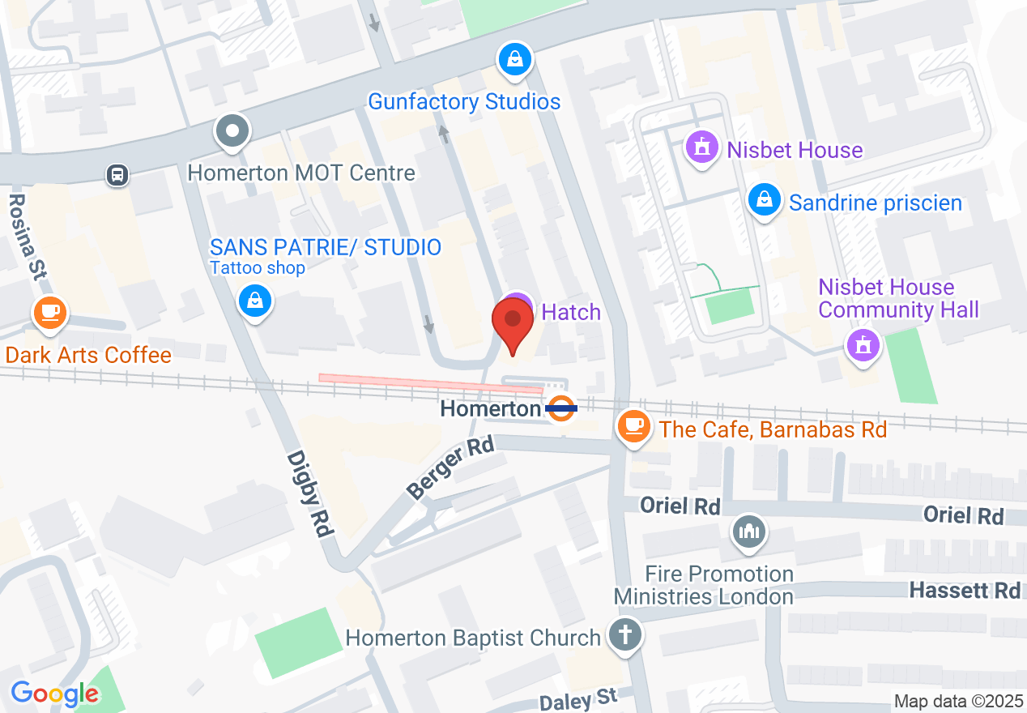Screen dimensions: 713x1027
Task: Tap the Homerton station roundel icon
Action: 560,408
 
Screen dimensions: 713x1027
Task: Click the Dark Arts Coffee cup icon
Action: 50,311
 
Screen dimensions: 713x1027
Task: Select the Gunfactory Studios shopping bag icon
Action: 514,59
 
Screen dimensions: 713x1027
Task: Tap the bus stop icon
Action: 117,174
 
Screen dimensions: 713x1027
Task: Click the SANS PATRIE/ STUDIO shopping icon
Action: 255,301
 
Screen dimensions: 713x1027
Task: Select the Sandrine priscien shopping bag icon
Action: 764,199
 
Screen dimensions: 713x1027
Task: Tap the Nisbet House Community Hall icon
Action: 863,346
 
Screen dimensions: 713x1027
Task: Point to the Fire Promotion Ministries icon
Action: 749,532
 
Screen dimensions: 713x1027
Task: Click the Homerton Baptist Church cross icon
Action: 625,634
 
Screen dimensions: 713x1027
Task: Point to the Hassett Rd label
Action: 965,590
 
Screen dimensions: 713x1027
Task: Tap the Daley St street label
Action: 577,698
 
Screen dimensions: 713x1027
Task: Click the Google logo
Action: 54,694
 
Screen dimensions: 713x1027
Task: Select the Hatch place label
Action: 571,312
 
